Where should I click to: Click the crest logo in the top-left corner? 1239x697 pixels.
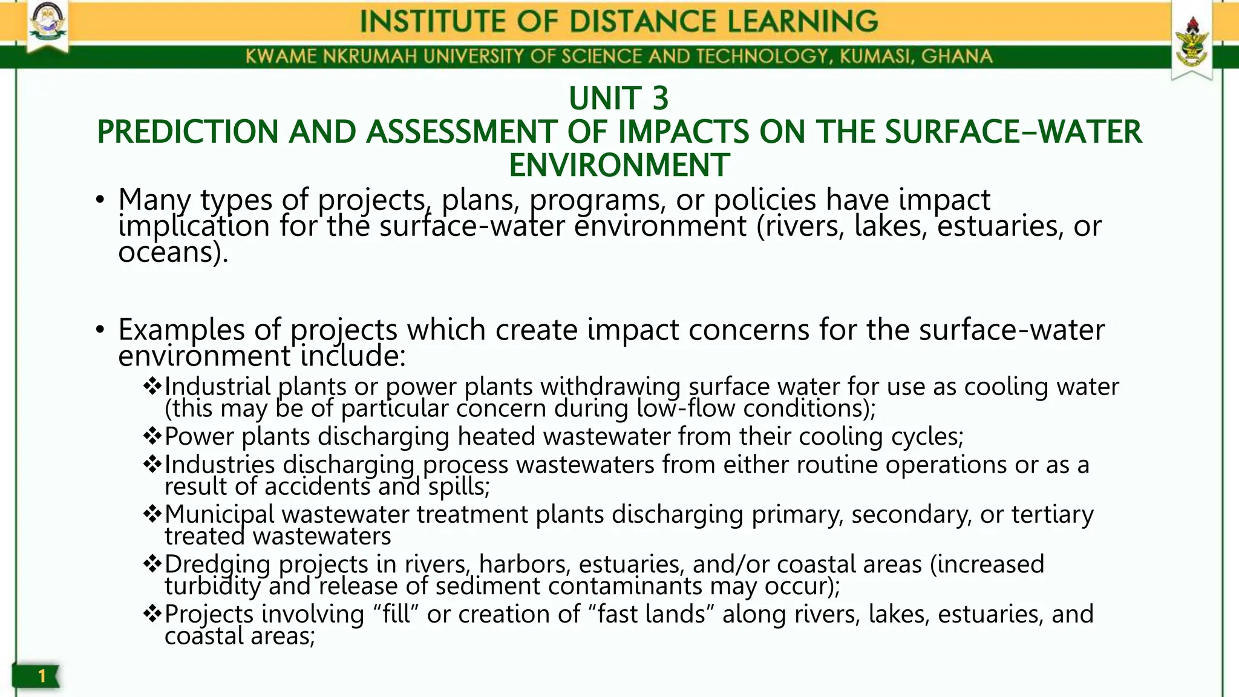tap(48, 25)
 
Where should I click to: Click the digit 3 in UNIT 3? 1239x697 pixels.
tap(660, 99)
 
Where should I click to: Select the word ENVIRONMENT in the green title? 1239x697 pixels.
tap(619, 165)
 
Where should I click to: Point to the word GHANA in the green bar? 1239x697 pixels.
tap(956, 57)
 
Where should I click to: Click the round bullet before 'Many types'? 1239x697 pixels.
tap(100, 200)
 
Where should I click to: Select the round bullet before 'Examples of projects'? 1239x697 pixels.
tap(100, 330)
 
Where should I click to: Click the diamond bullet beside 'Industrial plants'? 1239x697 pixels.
tap(152, 385)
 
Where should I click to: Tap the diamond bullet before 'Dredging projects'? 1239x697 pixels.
tap(152, 564)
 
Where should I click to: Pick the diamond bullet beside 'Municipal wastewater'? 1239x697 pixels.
tap(152, 514)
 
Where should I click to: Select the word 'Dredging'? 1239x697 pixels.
tap(217, 564)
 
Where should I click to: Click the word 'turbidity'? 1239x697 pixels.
tap(212, 586)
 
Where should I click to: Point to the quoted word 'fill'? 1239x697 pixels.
tap(396, 614)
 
